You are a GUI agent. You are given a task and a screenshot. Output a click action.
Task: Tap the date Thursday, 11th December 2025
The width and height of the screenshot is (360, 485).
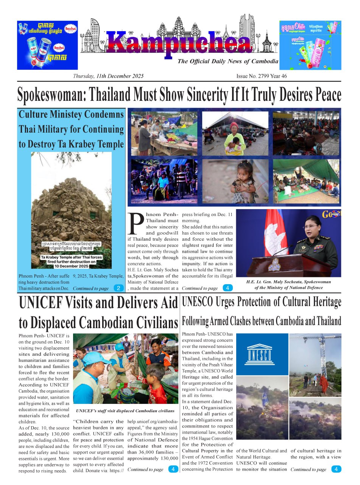coord(108,76)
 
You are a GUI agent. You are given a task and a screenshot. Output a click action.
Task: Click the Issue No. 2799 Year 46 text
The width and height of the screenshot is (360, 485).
coord(262,76)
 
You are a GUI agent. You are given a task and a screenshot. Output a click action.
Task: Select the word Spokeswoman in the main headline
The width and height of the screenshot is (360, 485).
coord(51,95)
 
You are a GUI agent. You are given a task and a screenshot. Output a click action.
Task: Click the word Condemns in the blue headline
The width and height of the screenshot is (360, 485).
coord(105,114)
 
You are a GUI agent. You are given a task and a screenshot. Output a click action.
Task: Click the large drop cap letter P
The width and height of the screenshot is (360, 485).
coord(136,224)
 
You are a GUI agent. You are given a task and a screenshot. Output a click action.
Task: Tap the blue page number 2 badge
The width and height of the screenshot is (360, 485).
coord(118,288)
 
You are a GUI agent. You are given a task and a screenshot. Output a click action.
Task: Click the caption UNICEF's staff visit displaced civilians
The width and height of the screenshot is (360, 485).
coord(125,411)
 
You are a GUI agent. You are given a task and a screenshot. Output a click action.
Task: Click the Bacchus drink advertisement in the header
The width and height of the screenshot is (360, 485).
coord(47,45)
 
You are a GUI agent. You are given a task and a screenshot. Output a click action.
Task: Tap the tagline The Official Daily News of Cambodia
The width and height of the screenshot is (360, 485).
coord(228,61)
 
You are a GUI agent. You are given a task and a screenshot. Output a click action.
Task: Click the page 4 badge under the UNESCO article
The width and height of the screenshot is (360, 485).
coord(336,469)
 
